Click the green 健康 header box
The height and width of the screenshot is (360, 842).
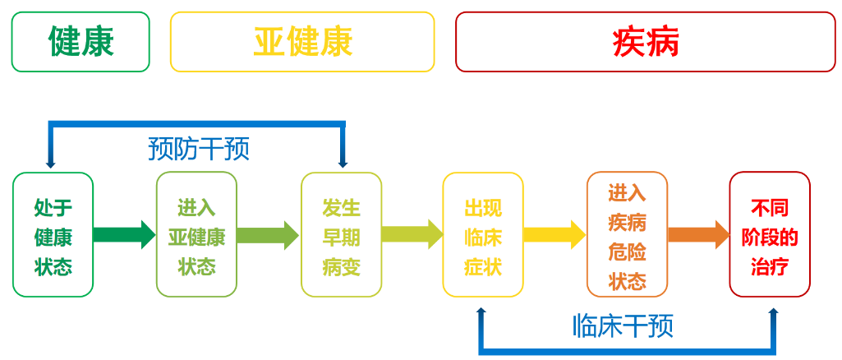click(x=81, y=42)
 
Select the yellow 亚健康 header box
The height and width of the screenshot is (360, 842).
click(x=302, y=42)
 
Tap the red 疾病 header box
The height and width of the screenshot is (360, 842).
click(x=645, y=42)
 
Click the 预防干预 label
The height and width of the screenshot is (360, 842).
click(x=199, y=149)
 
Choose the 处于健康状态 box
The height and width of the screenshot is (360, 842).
click(x=53, y=235)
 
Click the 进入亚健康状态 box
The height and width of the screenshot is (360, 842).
click(x=196, y=235)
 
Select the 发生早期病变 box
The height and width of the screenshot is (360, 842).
click(x=341, y=235)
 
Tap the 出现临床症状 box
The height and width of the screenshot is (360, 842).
click(x=483, y=235)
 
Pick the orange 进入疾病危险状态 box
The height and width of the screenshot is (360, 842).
click(x=627, y=235)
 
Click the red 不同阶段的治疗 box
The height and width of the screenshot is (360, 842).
click(x=770, y=235)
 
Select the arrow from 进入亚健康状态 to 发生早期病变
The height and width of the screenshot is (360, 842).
click(x=268, y=235)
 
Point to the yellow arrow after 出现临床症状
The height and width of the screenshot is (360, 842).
click(x=554, y=235)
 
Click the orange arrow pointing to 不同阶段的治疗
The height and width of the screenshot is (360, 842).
click(x=698, y=235)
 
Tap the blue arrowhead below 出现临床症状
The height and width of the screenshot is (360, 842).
click(x=481, y=312)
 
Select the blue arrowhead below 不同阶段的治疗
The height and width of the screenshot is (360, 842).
click(x=773, y=312)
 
